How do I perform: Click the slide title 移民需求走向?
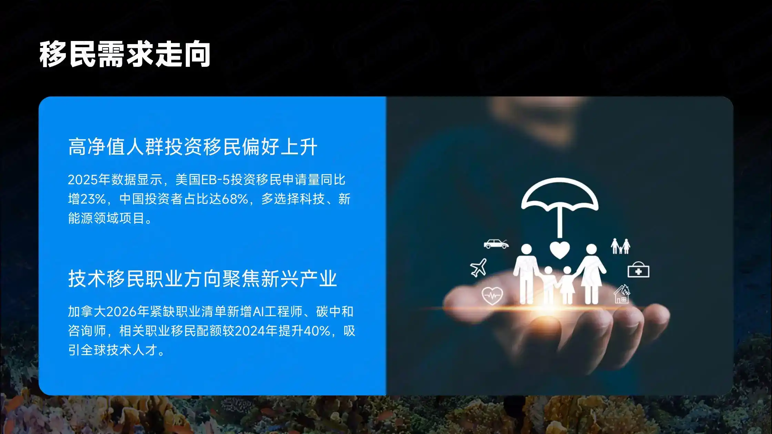124,54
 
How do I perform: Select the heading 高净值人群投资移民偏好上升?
192,147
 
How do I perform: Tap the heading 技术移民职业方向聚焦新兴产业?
202,279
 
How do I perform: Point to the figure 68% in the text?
235,199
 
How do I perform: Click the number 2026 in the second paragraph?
121,312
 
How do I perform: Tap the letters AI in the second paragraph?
258,312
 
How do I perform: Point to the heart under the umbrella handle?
560,249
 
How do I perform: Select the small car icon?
496,244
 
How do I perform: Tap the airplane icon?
478,268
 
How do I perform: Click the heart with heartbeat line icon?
492,295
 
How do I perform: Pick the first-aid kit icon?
638,270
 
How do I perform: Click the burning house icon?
622,294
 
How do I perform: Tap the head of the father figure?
526,249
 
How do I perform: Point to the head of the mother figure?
591,249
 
